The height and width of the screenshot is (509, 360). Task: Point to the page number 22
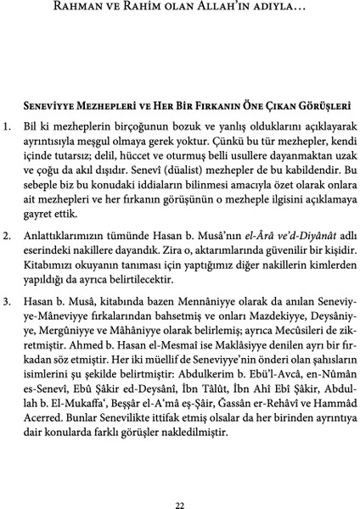pyautogui.click(x=179, y=482)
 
